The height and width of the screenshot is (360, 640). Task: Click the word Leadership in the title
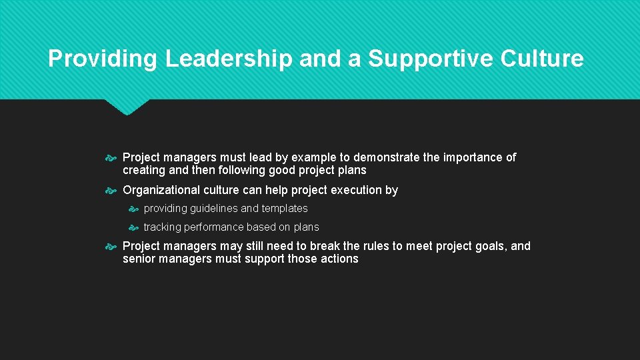tap(229, 59)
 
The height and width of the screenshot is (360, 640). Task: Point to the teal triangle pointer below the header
tap(127, 107)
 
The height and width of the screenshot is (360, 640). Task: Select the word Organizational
tap(161, 190)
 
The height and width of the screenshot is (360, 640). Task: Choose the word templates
tap(284, 209)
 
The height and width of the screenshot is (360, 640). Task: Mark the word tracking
tap(162, 227)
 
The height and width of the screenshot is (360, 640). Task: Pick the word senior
tap(139, 259)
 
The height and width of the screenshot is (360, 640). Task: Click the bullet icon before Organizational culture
tap(111, 191)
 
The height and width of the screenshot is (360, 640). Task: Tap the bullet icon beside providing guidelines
tap(133, 209)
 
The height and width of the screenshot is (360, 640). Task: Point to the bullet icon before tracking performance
tap(133, 228)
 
